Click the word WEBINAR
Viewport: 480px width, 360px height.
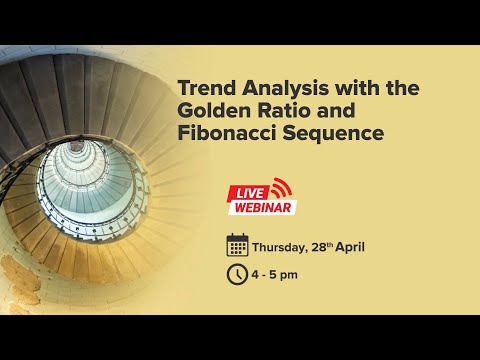pyautogui.click(x=264, y=207)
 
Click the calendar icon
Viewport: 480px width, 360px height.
pyautogui.click(x=237, y=245)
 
